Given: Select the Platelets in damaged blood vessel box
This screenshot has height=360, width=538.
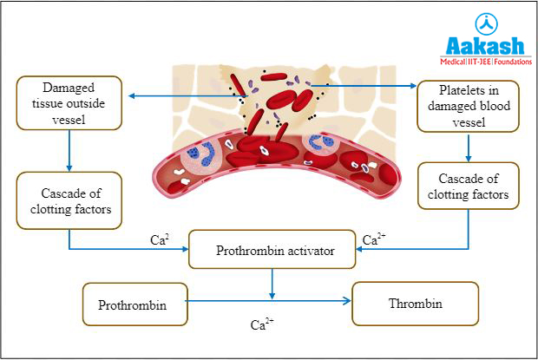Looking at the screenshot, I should point(469,105).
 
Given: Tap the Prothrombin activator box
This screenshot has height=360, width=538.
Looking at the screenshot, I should point(272,251).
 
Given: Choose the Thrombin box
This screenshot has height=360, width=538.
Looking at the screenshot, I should point(416,304).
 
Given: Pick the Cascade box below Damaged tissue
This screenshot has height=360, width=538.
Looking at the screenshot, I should point(69,199).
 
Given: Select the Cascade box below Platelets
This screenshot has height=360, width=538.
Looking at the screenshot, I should point(469,187).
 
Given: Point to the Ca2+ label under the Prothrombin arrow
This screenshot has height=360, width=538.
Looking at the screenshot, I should point(263,325).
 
